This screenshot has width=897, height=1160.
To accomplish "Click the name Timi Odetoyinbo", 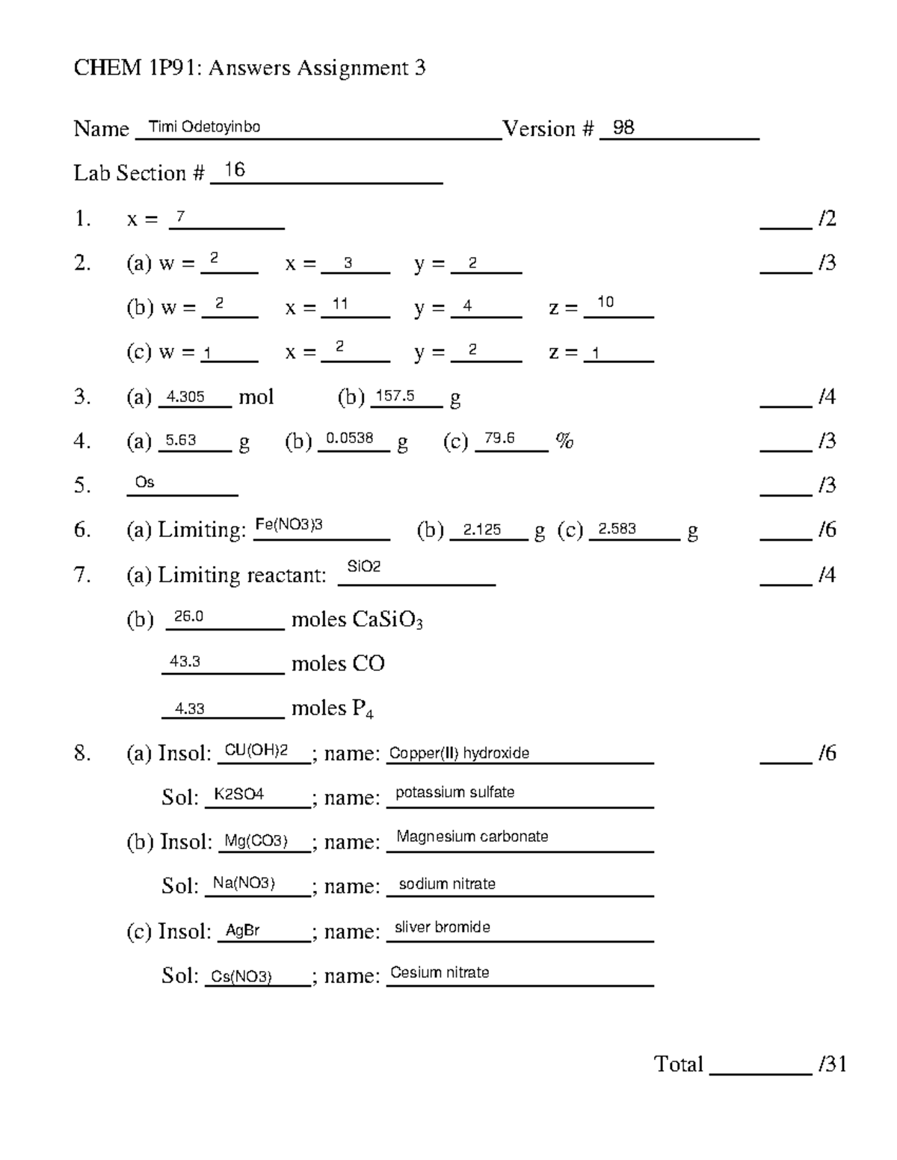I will click(204, 127).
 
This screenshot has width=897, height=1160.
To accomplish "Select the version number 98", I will click(623, 128).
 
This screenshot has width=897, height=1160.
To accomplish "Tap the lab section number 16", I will click(234, 170).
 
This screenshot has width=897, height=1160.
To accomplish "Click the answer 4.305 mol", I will click(185, 397).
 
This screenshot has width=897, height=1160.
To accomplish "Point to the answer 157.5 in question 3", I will click(395, 396).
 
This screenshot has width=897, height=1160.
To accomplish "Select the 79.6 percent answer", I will click(499, 438).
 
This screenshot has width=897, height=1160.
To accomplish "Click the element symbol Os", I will click(144, 483).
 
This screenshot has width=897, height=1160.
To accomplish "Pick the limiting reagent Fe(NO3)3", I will click(289, 525).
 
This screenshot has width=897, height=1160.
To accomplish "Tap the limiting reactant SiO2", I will click(364, 567).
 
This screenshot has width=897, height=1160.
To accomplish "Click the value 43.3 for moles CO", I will click(185, 662).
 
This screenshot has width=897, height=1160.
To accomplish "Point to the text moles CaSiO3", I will click(357, 621).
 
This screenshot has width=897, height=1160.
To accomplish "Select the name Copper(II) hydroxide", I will click(459, 753).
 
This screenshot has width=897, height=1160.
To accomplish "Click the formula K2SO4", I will click(238, 795).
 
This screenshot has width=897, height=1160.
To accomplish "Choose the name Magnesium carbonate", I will click(472, 837).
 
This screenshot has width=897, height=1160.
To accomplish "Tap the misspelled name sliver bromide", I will click(442, 927).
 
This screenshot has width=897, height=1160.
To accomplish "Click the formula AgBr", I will click(243, 931).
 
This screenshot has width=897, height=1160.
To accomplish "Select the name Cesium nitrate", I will click(440, 973).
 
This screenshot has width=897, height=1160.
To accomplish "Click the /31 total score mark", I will click(832, 1064).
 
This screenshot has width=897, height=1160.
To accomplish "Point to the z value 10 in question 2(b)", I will click(605, 302).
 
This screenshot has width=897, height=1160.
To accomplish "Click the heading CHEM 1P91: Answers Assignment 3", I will click(249, 68).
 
